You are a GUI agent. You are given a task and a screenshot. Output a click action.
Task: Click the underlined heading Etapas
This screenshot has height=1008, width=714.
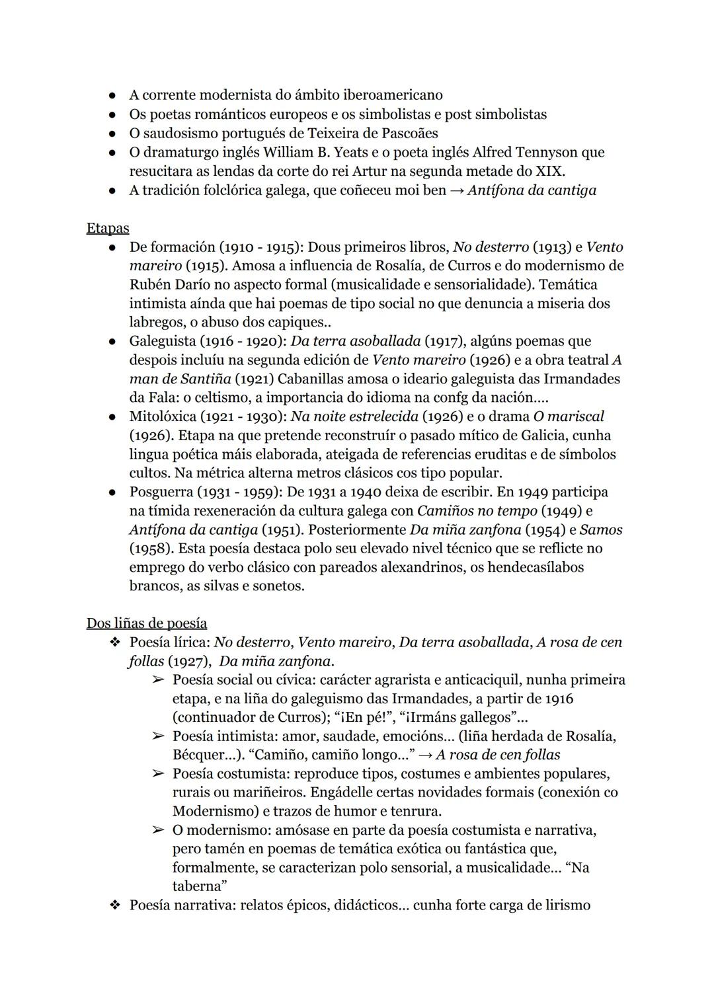pos(108,228)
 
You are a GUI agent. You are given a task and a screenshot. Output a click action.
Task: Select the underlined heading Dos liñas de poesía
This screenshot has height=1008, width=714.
pos(146,623)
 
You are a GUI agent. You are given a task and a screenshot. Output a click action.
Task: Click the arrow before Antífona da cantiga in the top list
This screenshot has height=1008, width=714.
pos(456,191)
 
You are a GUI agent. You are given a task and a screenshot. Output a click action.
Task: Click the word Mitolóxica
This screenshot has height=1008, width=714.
pos(163,417)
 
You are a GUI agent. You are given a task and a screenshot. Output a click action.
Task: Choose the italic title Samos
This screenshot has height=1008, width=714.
pos(601,530)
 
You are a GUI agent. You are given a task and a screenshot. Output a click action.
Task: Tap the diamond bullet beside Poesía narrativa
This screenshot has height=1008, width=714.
pos(114,906)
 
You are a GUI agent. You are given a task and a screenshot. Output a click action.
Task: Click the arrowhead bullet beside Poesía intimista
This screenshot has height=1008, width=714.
pos(158,736)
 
